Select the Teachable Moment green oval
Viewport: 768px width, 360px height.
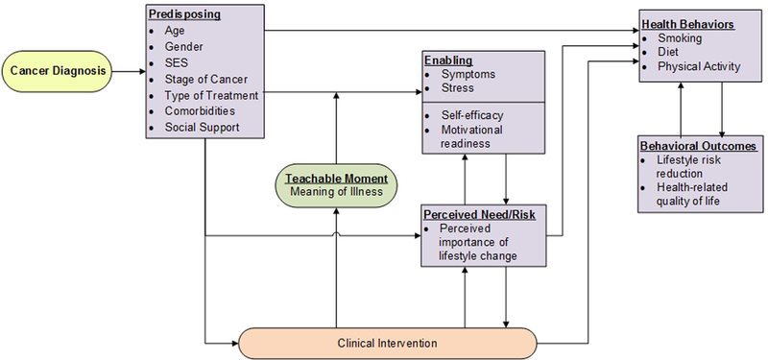pos(336,183)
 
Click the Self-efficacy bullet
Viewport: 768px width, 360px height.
pos(472,115)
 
